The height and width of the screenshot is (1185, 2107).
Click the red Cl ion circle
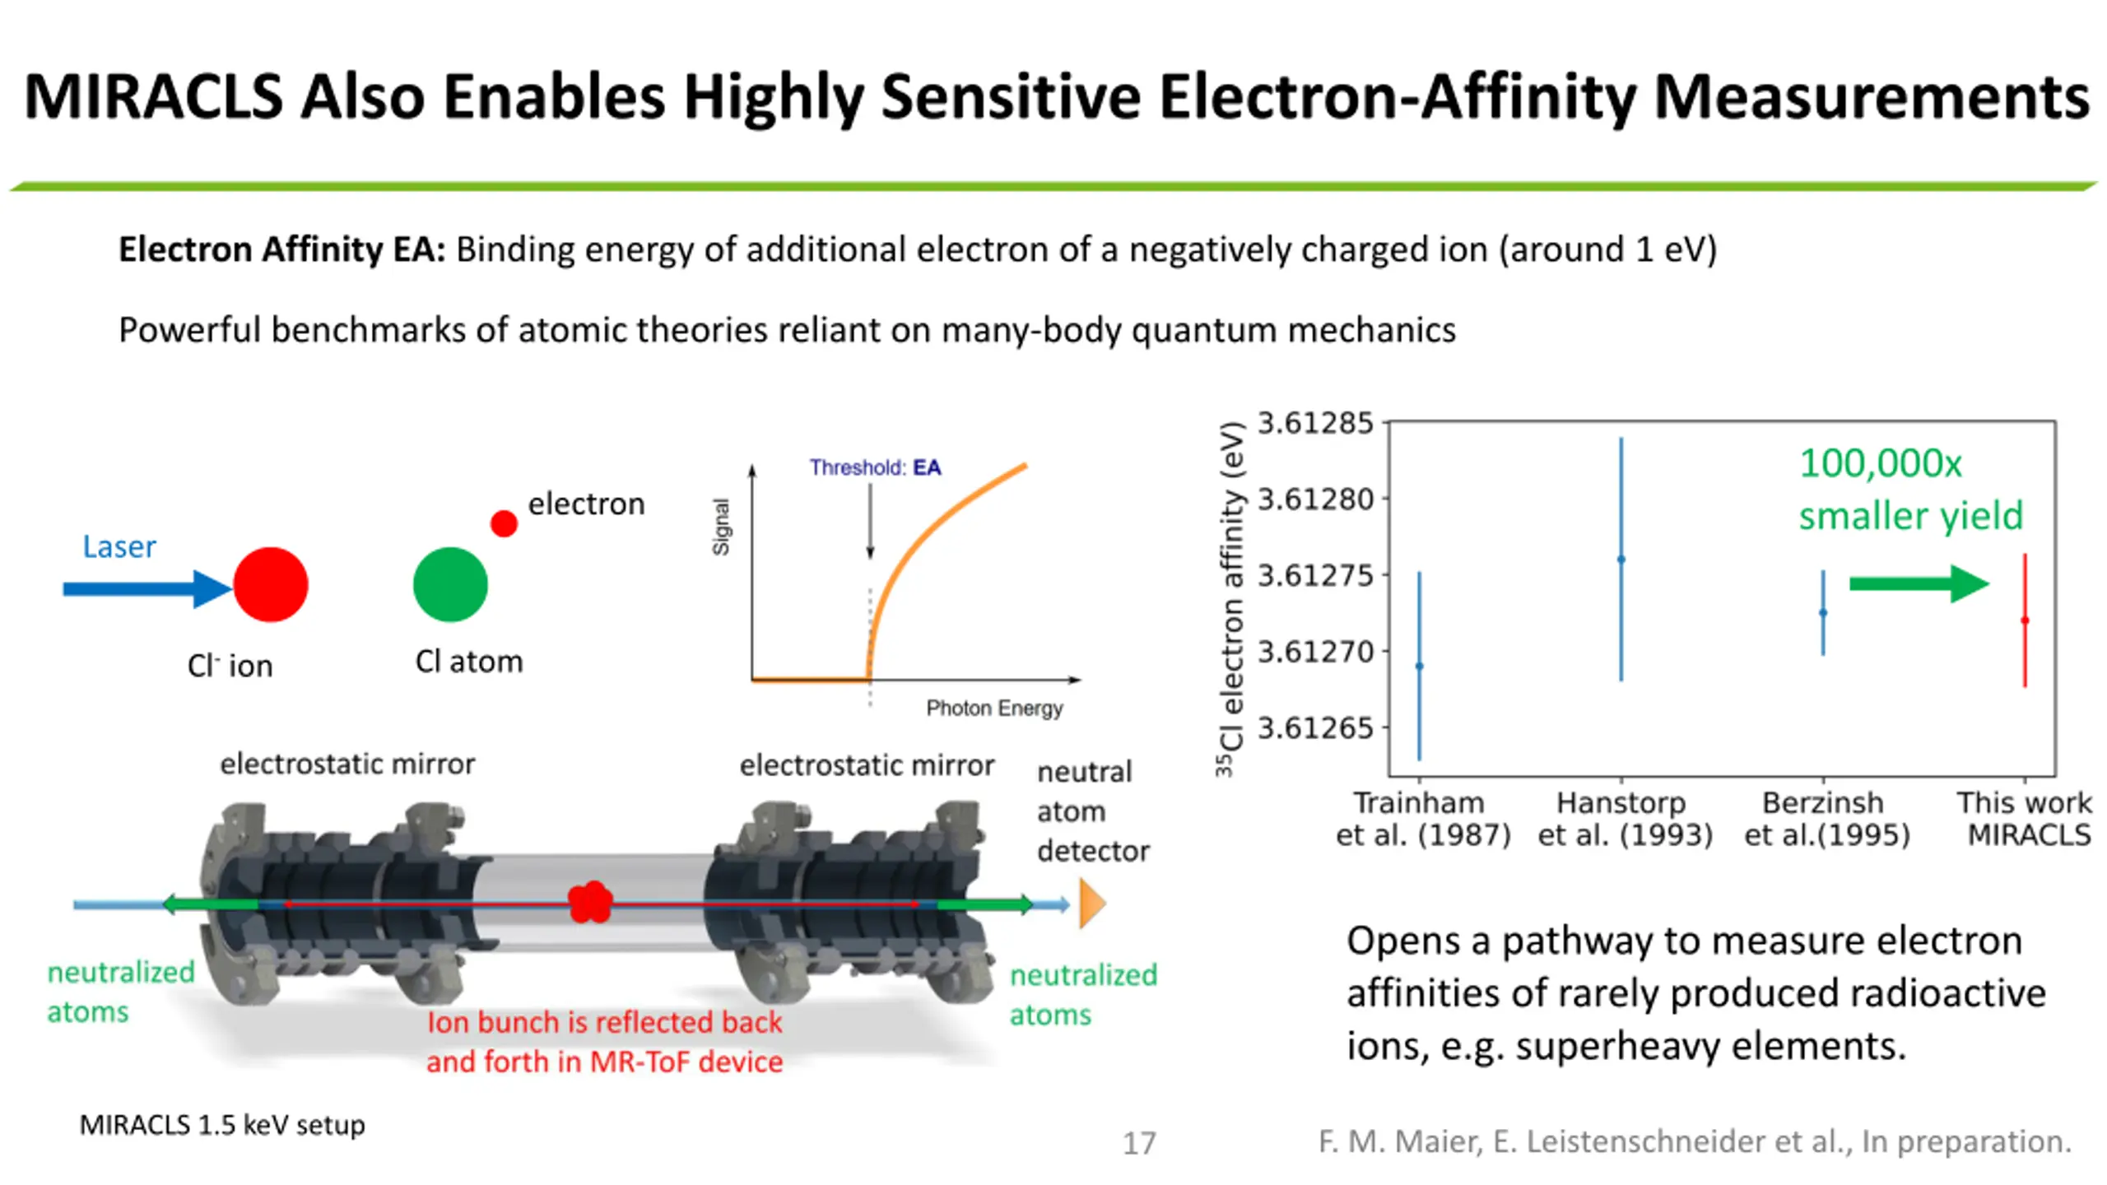pos(270,584)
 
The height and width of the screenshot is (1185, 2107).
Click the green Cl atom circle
pos(450,584)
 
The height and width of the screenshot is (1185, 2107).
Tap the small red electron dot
pos(504,523)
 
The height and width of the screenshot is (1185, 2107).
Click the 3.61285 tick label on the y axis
pos(1315,423)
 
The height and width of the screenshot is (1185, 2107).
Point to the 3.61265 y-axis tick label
pos(1315,727)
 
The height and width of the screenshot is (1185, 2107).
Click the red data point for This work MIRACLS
pos(2025,620)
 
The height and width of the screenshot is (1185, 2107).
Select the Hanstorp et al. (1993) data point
pos(1621,560)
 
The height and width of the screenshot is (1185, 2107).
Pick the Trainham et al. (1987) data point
pos(1419,666)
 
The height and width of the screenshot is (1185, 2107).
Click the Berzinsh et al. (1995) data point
pos(1823,612)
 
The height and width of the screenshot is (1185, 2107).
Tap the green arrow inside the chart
pos(1918,584)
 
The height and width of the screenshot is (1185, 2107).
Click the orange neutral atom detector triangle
pos(1091,904)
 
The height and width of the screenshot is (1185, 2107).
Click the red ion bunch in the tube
pos(590,902)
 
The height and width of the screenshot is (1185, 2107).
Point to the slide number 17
pos(1139,1143)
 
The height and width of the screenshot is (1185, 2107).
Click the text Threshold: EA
pos(875,467)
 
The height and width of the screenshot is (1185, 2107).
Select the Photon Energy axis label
pos(994,708)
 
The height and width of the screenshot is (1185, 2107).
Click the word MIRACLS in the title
pos(153,97)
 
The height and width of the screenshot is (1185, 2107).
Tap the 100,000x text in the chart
pos(1880,463)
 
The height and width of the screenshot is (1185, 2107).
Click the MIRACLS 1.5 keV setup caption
pos(222,1124)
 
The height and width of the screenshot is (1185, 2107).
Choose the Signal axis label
pos(721,527)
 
